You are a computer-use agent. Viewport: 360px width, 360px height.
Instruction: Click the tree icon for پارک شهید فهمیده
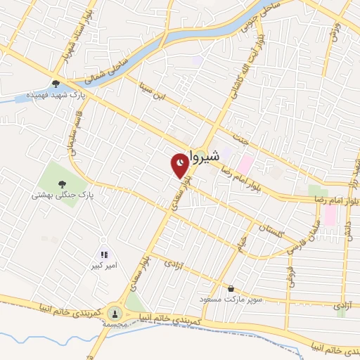click(56, 84)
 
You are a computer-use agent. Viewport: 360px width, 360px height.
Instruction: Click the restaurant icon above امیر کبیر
click(104, 255)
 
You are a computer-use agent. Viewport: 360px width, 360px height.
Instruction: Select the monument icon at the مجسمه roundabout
click(115, 312)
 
